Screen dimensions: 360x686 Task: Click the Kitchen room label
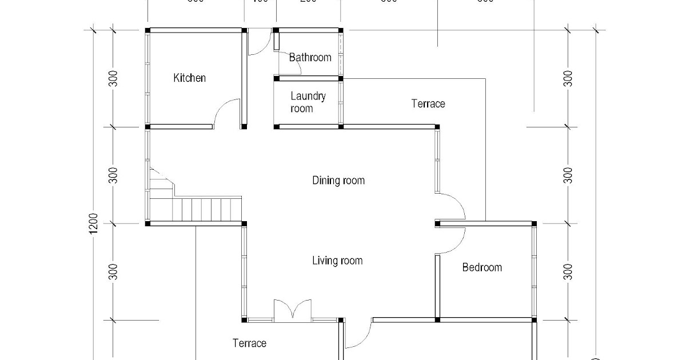pyautogui.click(x=189, y=78)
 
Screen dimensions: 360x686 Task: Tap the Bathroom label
pyautogui.click(x=310, y=57)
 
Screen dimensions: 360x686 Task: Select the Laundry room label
pyautogui.click(x=308, y=102)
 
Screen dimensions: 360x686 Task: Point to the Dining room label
pyautogui.click(x=338, y=181)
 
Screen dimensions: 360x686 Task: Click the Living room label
pyautogui.click(x=337, y=261)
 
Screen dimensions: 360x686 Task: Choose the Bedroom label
pyautogui.click(x=482, y=267)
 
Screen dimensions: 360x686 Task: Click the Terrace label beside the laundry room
pyautogui.click(x=428, y=103)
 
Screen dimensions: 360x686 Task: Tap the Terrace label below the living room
pyautogui.click(x=249, y=343)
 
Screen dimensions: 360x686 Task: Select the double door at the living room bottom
pyautogui.click(x=293, y=310)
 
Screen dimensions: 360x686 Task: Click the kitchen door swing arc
pyautogui.click(x=226, y=111)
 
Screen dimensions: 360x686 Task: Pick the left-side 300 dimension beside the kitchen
pyautogui.click(x=114, y=78)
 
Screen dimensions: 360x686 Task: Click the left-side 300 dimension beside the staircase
pyautogui.click(x=114, y=175)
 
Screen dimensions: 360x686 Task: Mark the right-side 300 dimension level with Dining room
pyautogui.click(x=568, y=175)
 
